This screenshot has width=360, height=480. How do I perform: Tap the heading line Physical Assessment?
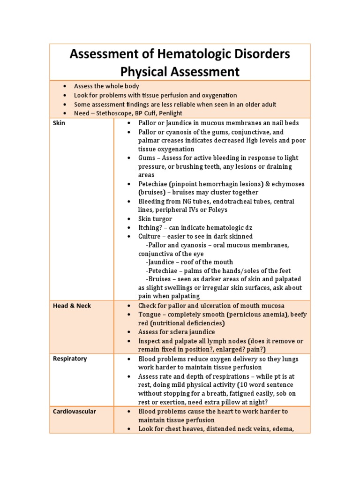180,72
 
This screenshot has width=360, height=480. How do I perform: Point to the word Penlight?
171,113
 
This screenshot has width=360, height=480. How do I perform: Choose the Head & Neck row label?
72,306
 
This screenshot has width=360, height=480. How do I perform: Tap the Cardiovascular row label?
74,412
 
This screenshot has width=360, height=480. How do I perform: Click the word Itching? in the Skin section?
151,228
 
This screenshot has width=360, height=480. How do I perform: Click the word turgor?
163,219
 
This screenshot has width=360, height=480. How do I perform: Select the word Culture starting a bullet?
150,236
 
